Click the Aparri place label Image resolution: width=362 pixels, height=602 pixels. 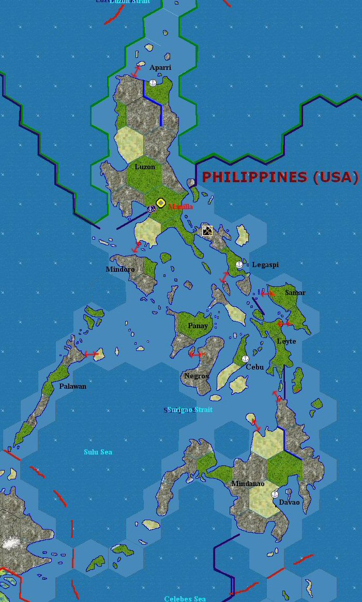[x=160, y=68]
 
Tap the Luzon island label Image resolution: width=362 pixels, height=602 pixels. [x=145, y=167]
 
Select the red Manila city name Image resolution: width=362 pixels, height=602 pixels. [x=181, y=207]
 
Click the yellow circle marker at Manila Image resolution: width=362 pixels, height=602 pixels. [x=161, y=203]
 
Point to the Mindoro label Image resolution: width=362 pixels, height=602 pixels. [x=120, y=270]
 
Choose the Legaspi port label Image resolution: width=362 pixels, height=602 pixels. [x=265, y=265]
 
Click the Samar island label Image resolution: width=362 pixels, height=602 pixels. [x=295, y=293]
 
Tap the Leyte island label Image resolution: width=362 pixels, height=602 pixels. [x=286, y=342]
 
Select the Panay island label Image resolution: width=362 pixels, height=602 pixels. [x=198, y=326]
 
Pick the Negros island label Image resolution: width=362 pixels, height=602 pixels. [x=197, y=376]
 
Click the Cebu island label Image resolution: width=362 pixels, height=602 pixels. [x=254, y=368]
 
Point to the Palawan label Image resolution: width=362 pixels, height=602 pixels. [x=73, y=386]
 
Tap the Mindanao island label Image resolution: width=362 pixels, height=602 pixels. [x=248, y=484]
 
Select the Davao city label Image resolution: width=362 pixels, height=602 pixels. [x=289, y=502]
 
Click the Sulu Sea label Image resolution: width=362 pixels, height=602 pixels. [x=98, y=452]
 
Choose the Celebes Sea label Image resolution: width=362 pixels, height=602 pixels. [x=185, y=599]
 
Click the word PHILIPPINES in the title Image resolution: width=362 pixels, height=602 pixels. [x=255, y=177]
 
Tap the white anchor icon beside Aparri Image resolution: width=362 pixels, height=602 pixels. [x=153, y=83]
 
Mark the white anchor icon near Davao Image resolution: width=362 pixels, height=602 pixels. [x=275, y=494]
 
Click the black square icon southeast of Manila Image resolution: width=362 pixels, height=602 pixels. [x=207, y=231]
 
